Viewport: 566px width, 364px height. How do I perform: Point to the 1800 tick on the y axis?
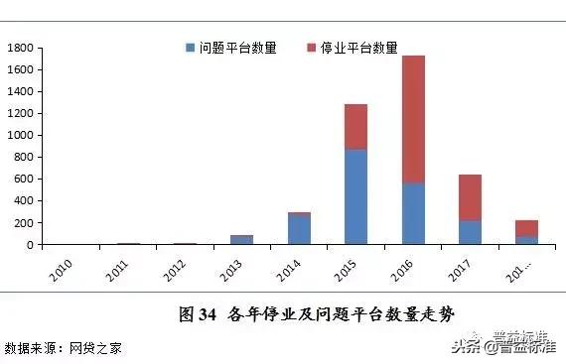21,48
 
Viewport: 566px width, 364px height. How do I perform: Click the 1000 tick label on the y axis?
21,135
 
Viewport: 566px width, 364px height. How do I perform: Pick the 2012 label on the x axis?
175,268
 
